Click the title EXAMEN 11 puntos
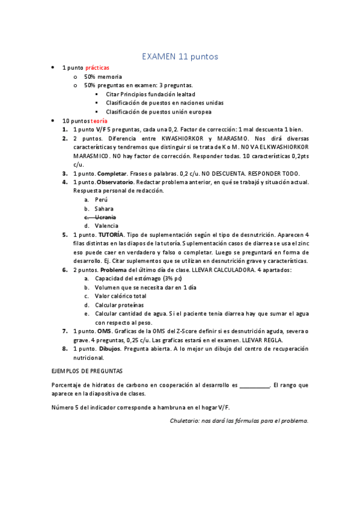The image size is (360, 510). click(180, 57)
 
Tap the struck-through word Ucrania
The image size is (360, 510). click(105, 217)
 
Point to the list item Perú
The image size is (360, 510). click(101, 199)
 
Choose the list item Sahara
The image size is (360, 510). click(105, 208)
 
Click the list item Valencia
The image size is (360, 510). click(106, 226)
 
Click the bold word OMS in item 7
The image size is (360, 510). click(104, 331)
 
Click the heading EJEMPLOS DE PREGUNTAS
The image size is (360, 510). click(88, 371)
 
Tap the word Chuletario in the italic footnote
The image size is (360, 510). click(186, 420)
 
